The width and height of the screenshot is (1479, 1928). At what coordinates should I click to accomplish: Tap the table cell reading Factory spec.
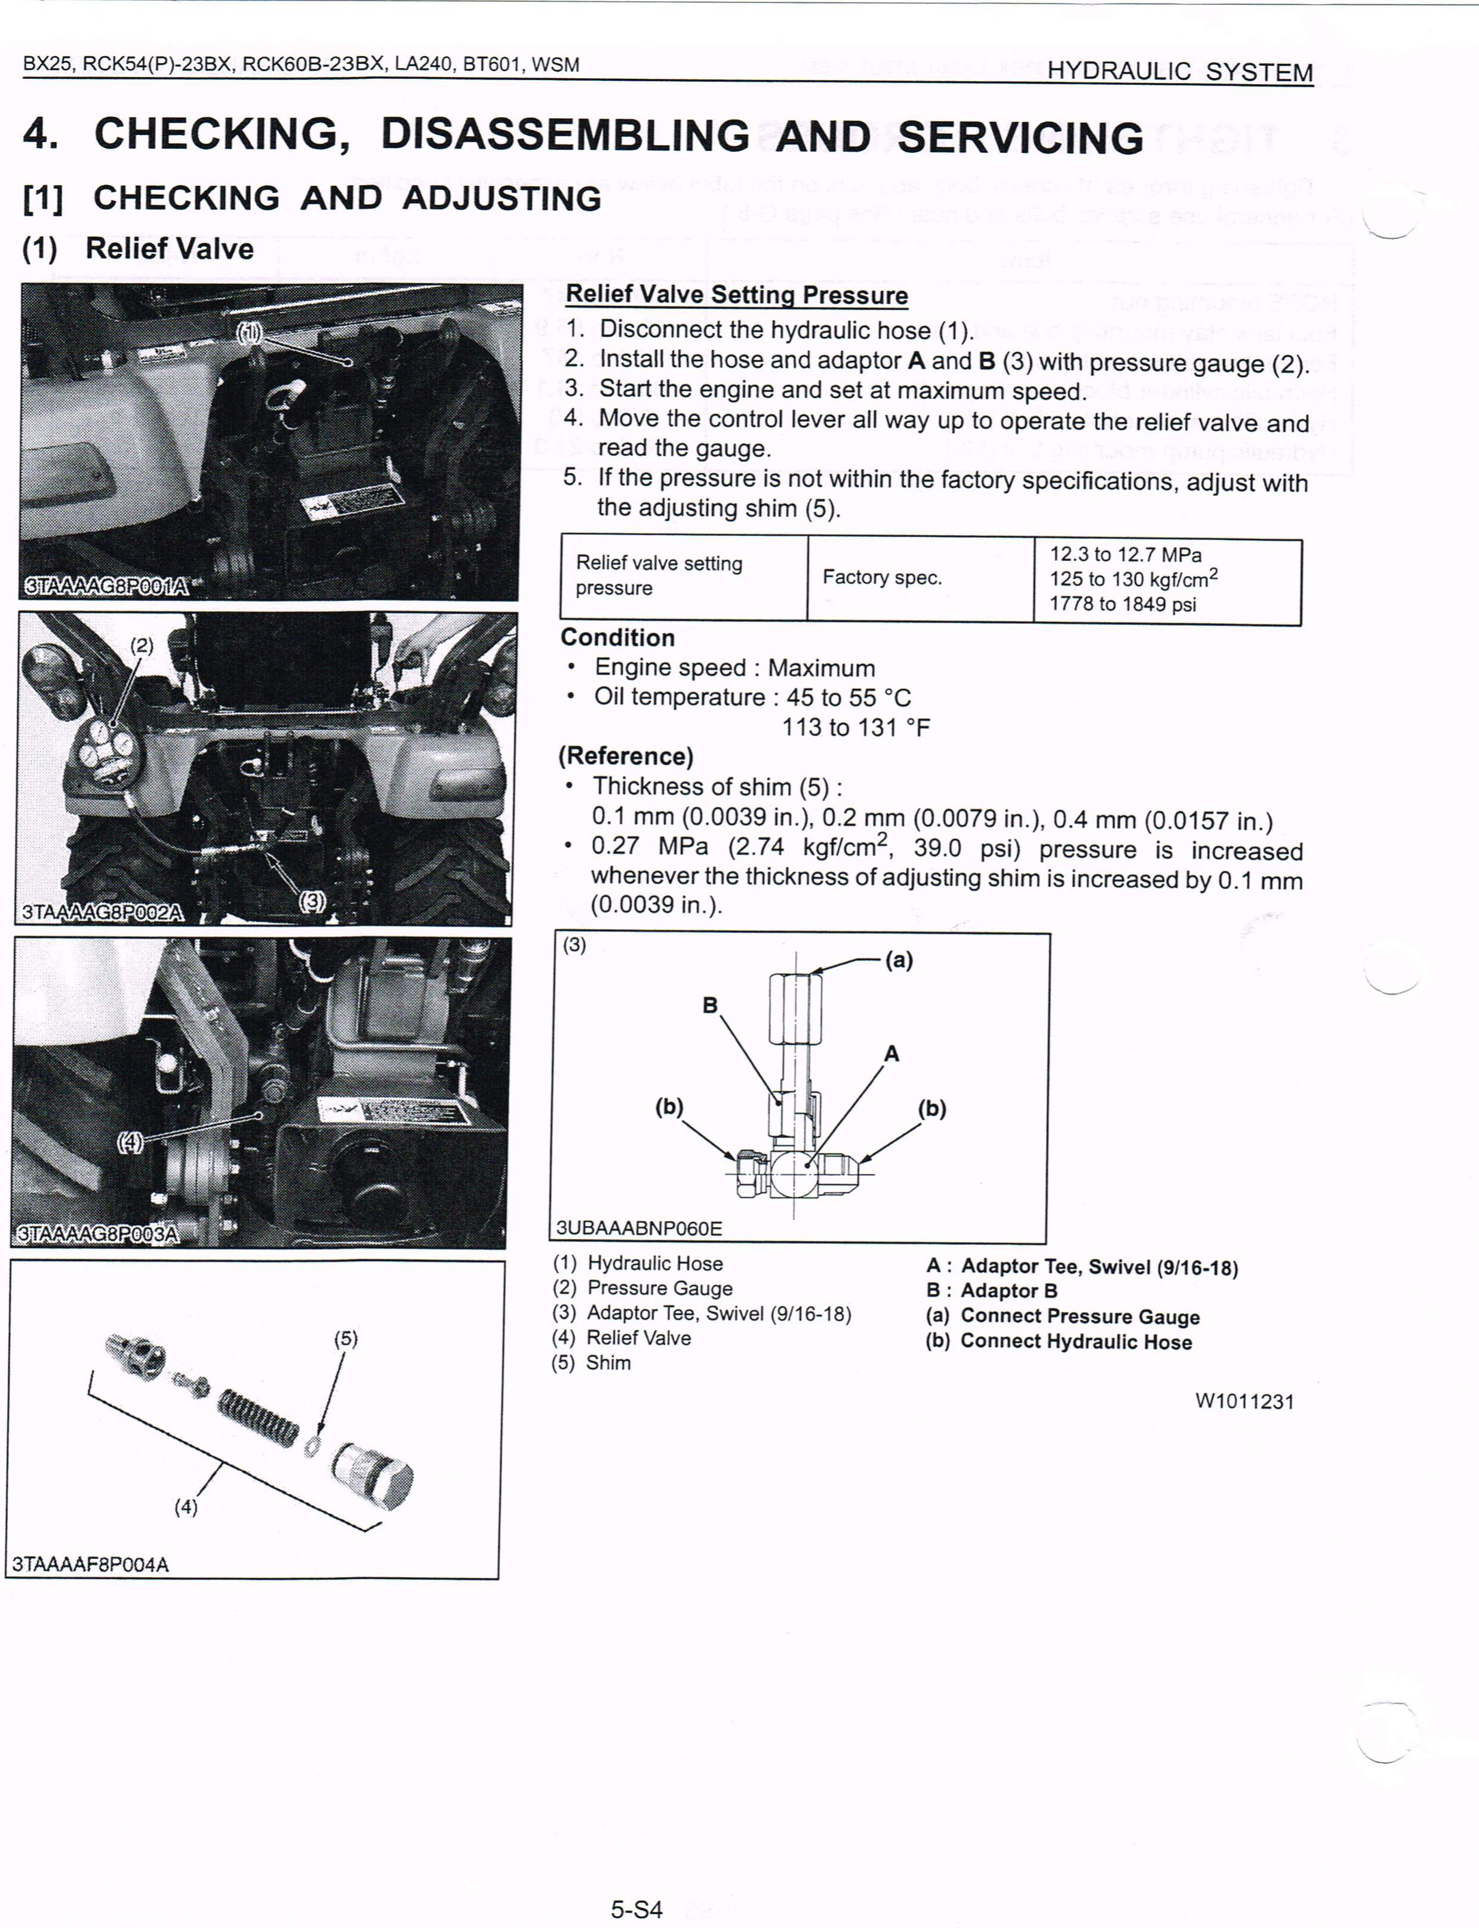[x=881, y=577]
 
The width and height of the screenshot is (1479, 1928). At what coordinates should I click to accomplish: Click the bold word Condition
[x=617, y=637]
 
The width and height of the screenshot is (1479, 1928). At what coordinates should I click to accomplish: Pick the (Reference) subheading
[x=625, y=756]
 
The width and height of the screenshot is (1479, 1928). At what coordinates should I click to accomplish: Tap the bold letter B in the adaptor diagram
[x=709, y=1005]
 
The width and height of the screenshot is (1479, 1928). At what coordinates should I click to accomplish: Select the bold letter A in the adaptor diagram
[x=891, y=1053]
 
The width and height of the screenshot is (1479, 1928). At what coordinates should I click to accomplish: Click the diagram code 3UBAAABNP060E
[x=638, y=1227]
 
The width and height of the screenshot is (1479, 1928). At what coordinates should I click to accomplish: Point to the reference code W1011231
[x=1244, y=1401]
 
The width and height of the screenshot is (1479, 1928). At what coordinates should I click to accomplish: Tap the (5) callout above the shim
[x=345, y=1339]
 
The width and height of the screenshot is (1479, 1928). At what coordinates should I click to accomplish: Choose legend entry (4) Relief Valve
[x=622, y=1337]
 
